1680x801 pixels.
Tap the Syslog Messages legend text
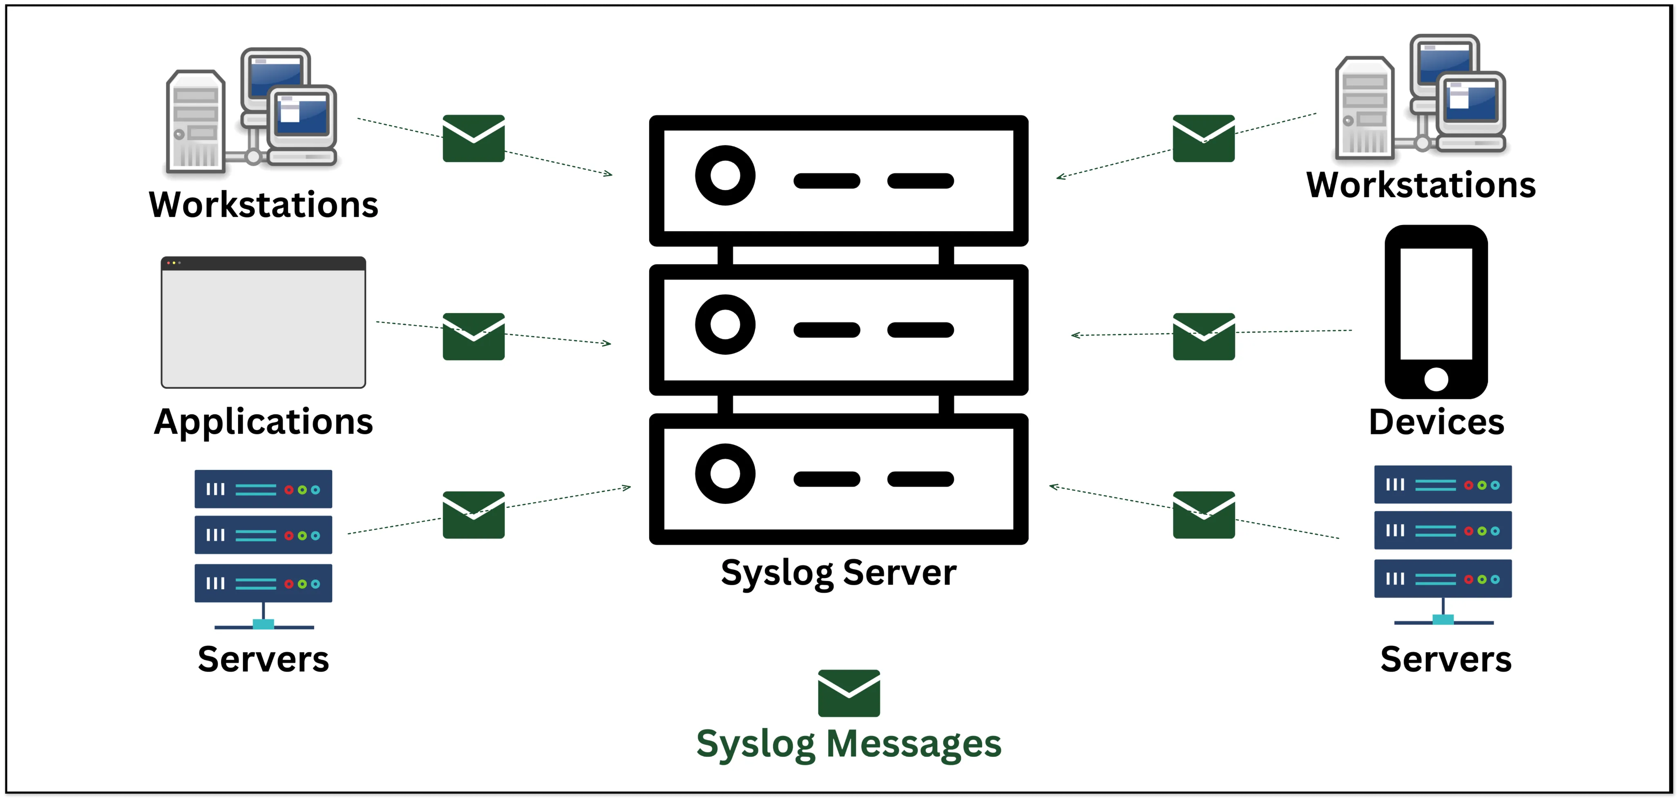coord(849,744)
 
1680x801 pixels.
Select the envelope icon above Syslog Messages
coord(849,693)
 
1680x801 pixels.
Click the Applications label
coord(264,422)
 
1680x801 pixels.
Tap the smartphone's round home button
coord(1436,379)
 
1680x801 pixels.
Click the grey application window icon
coord(264,323)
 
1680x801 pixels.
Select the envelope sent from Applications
coord(474,336)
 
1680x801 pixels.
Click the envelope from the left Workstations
coord(474,138)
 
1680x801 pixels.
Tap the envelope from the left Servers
coord(474,515)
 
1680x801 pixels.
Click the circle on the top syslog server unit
coord(725,175)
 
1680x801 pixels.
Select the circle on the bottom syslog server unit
coord(725,474)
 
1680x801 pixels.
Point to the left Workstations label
coord(264,205)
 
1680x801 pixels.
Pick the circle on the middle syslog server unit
coord(725,325)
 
